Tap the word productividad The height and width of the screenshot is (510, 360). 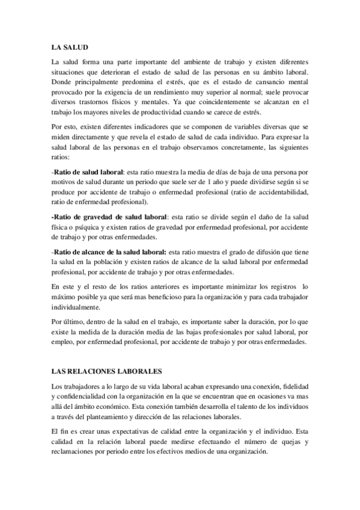[166, 112]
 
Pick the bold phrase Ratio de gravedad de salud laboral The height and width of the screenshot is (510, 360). [108, 218]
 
